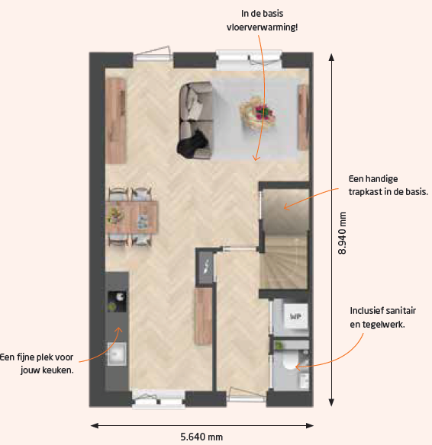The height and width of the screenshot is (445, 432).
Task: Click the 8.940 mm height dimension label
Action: pyautogui.click(x=343, y=233)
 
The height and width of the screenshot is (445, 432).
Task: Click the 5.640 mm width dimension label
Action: pyautogui.click(x=201, y=437)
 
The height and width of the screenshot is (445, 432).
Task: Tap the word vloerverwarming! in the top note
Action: pyautogui.click(x=262, y=27)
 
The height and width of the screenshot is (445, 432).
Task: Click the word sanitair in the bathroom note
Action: pyautogui.click(x=400, y=311)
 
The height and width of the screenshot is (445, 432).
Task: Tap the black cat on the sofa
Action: pyautogui.click(x=192, y=144)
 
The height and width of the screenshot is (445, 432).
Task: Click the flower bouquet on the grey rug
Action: pyautogui.click(x=258, y=112)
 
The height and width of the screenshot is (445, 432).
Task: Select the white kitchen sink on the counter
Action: pyautogui.click(x=117, y=354)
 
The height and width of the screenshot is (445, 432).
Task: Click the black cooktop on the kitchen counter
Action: pyautogui.click(x=117, y=302)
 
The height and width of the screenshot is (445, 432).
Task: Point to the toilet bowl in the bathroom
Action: pyautogui.click(x=291, y=360)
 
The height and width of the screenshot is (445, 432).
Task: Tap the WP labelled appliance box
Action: pyautogui.click(x=295, y=316)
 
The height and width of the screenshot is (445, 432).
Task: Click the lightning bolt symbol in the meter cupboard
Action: pyautogui.click(x=207, y=267)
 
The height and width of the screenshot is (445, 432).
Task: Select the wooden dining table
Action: pyautogui.click(x=131, y=217)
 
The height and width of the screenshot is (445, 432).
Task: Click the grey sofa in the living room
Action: pyautogui.click(x=195, y=120)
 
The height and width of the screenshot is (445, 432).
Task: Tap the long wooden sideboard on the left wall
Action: pyautogui.click(x=116, y=120)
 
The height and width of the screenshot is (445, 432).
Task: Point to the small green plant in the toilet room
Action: pyautogui.click(x=279, y=345)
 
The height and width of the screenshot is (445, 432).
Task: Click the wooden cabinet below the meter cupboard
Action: pyautogui.click(x=203, y=316)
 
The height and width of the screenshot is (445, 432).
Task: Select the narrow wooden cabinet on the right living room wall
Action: pyautogui.click(x=303, y=117)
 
